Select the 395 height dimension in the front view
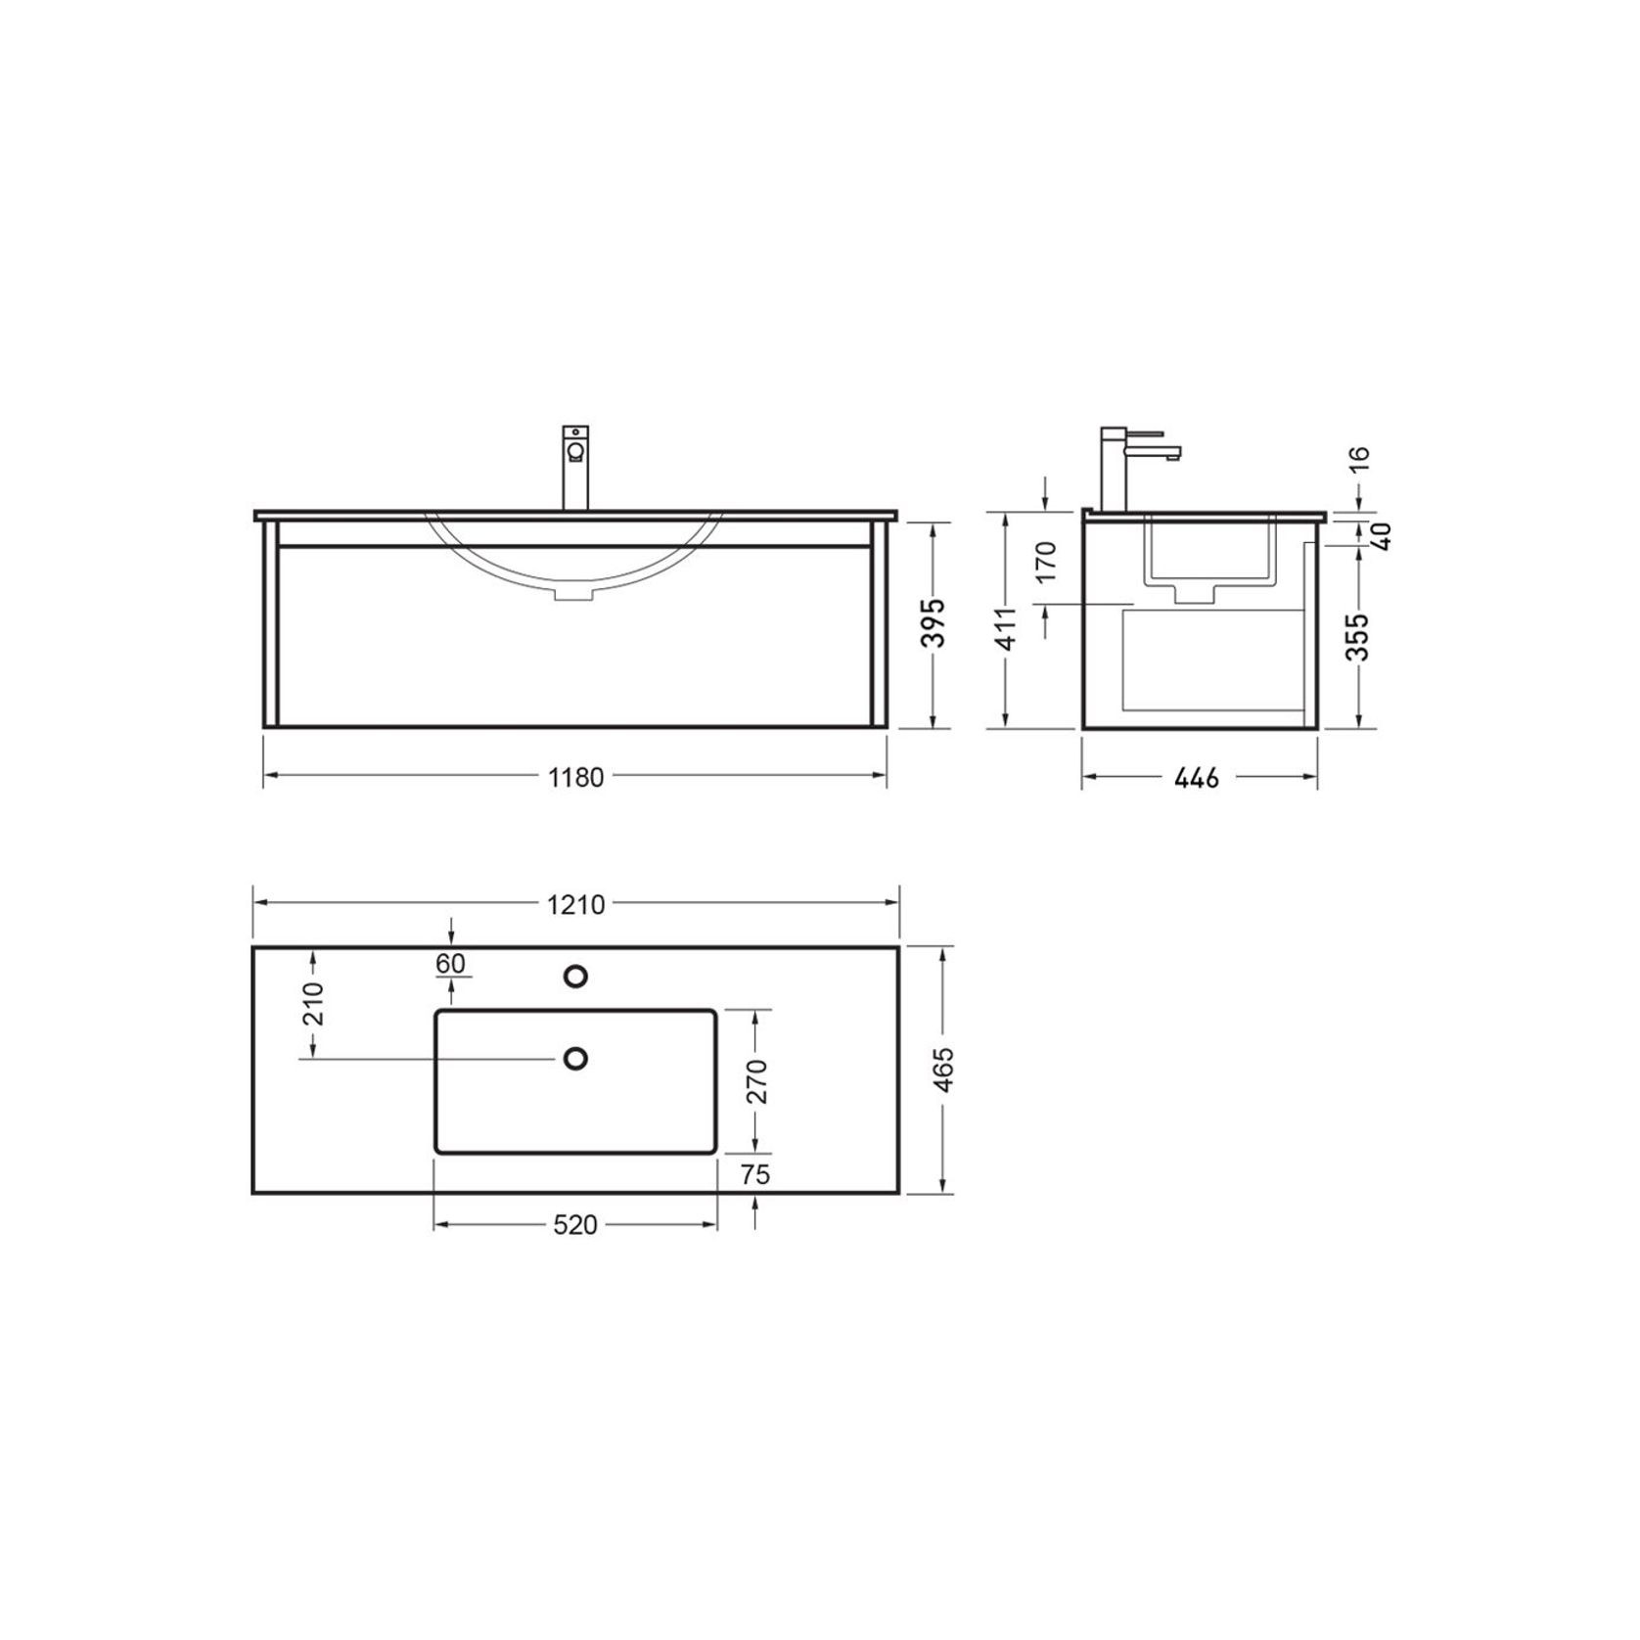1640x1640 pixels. [x=936, y=623]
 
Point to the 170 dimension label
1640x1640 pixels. [x=1046, y=561]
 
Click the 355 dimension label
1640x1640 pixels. [x=1358, y=636]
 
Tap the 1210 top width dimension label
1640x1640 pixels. [x=576, y=904]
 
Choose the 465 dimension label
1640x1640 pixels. [x=941, y=1071]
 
